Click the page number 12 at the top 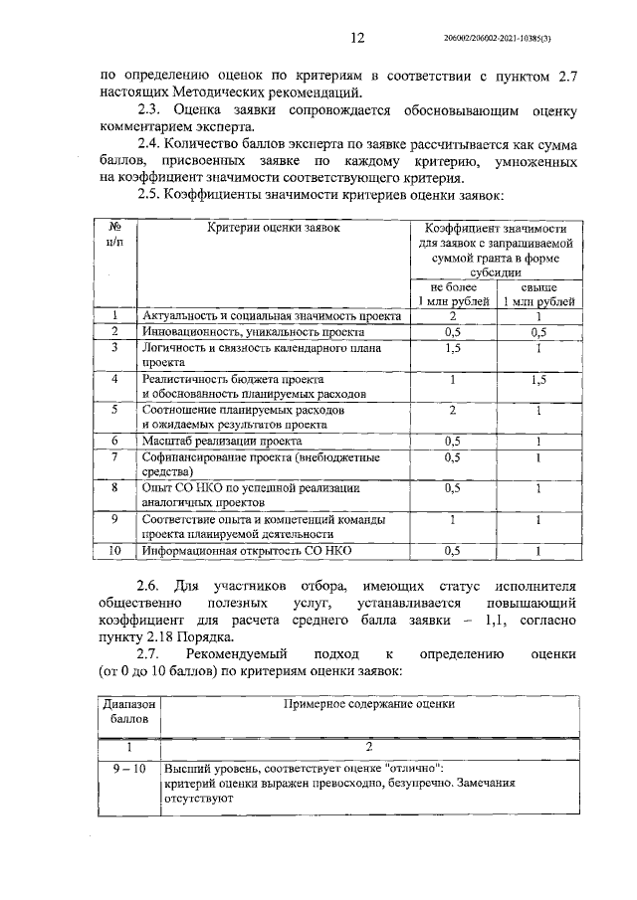[x=357, y=39]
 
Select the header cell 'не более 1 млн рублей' [x=453, y=293]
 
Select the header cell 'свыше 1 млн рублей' [x=538, y=293]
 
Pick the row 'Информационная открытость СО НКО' [x=249, y=550]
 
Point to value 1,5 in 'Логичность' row [x=453, y=348]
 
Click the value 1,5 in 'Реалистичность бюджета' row [x=538, y=380]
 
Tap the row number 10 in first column [x=114, y=550]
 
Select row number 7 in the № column [x=114, y=456]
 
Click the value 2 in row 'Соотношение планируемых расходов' [x=453, y=410]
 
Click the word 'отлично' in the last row [x=419, y=768]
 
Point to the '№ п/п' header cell [x=114, y=235]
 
